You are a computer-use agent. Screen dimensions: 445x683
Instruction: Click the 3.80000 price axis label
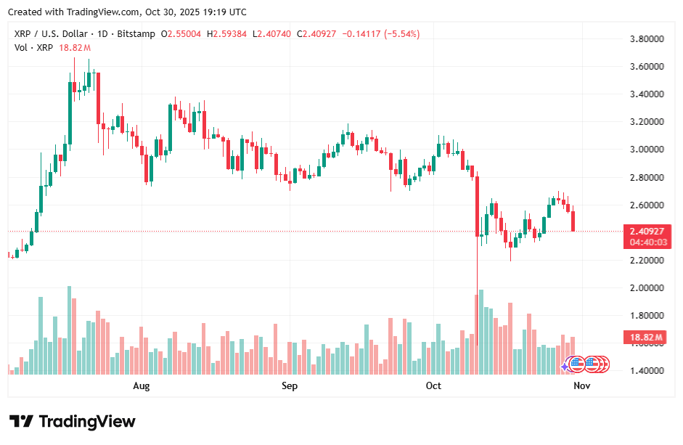[647, 38]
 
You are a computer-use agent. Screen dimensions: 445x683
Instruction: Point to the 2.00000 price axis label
[647, 288]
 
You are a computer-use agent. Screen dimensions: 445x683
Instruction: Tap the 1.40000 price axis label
[647, 371]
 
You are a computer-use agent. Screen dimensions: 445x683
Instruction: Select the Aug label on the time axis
[142, 386]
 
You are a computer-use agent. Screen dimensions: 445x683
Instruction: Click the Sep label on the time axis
[290, 386]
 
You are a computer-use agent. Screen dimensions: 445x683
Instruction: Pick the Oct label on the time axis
[433, 386]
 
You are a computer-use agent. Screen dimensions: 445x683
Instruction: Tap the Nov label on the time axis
[581, 386]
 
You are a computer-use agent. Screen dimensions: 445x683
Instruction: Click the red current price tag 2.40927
[647, 232]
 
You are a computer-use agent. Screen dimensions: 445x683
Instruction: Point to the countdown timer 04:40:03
[647, 242]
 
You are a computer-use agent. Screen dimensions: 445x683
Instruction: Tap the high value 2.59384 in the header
[230, 34]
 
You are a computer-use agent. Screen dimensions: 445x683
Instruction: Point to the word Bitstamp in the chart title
[136, 34]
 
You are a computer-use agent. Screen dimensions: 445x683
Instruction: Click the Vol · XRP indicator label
[34, 48]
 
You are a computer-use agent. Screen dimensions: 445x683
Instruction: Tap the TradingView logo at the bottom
[72, 422]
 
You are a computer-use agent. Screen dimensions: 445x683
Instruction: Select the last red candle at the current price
[573, 221]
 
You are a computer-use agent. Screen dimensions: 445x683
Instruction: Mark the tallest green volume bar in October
[480, 332]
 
